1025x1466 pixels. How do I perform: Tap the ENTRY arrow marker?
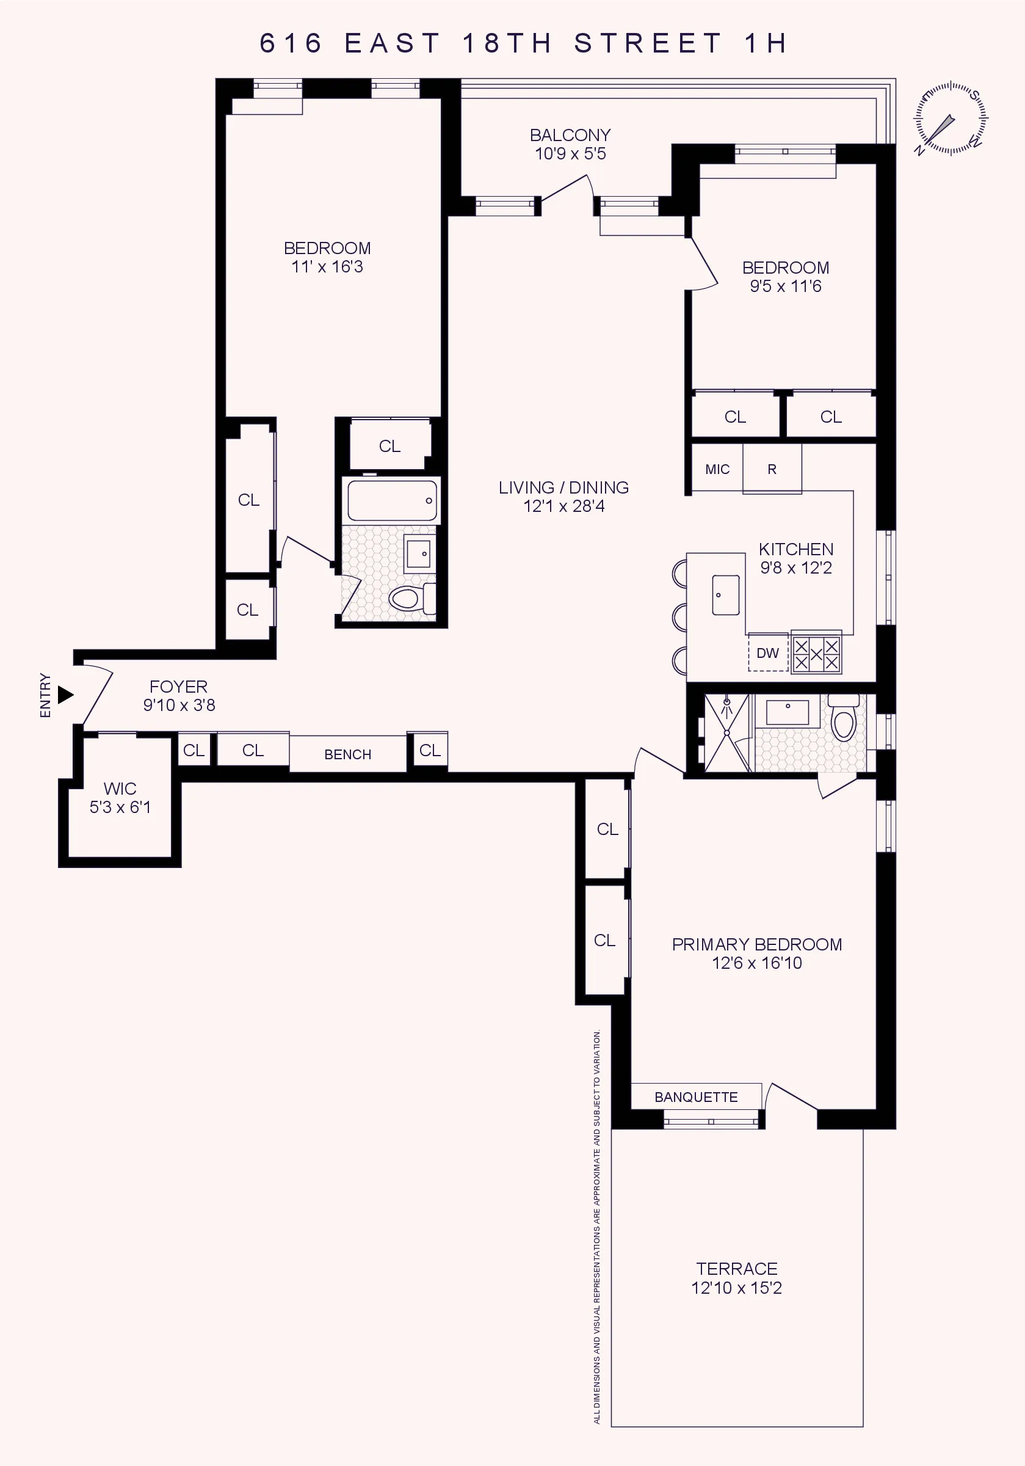(x=65, y=695)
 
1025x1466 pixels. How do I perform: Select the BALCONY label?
(x=570, y=136)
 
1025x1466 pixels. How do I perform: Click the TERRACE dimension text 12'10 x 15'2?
(x=736, y=1288)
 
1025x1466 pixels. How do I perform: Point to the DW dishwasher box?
(x=768, y=653)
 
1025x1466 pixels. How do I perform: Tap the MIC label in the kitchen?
(x=717, y=469)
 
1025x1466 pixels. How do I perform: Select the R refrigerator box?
(x=772, y=469)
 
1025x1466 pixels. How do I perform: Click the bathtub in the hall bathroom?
(x=391, y=501)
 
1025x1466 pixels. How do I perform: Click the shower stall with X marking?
(x=727, y=733)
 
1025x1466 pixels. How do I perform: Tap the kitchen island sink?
(x=726, y=594)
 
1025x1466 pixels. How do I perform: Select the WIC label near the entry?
(x=120, y=789)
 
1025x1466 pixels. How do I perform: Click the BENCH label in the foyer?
(x=348, y=755)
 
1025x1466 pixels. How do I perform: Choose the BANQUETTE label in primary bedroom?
(x=696, y=1097)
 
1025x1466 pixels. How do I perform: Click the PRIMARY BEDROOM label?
(x=756, y=944)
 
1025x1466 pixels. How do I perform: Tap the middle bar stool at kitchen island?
(x=679, y=617)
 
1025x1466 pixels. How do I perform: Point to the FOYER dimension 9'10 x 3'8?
(x=179, y=706)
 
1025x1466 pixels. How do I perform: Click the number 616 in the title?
(x=291, y=43)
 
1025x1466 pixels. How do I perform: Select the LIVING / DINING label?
(x=563, y=488)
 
